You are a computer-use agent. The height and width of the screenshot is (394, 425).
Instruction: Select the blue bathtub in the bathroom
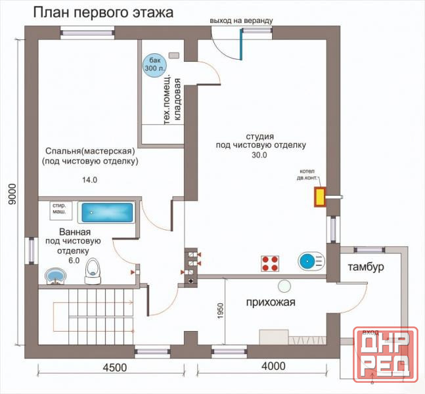(106, 212)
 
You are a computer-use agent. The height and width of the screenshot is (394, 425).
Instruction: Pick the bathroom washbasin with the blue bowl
(54, 275)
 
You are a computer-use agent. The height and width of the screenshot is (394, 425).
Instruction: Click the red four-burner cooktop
(270, 263)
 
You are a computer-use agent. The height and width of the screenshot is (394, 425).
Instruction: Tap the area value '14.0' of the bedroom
(88, 179)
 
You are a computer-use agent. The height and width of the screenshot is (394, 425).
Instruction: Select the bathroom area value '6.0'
(73, 260)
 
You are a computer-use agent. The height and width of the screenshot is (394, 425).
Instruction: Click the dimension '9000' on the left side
(12, 194)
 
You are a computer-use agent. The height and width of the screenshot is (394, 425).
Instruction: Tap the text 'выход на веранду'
(241, 21)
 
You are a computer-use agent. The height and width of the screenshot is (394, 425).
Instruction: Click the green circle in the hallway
(284, 286)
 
